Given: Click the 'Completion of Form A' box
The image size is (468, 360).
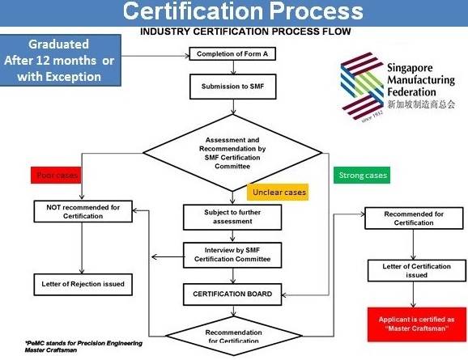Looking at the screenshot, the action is [x=232, y=53].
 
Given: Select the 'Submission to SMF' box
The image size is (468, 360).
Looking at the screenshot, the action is [x=233, y=87].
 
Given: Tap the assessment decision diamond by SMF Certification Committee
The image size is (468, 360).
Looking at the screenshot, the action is [x=232, y=153].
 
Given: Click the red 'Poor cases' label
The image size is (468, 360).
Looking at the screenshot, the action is [x=56, y=175].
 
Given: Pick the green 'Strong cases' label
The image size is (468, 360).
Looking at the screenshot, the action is [x=362, y=175].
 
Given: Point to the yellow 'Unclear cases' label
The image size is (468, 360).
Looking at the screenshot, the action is [x=278, y=192].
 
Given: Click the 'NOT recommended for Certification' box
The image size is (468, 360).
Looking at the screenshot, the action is [x=83, y=211].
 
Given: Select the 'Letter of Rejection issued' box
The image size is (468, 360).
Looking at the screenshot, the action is [x=83, y=285].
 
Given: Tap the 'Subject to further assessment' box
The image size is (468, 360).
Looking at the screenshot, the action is [x=232, y=217].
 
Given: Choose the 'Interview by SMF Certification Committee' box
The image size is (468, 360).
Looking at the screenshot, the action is [x=232, y=255].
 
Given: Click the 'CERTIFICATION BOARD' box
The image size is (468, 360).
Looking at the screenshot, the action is [x=232, y=294].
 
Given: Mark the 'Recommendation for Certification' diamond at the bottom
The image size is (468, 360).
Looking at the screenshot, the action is [x=234, y=337].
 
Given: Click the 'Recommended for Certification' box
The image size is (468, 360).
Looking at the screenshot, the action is [x=414, y=218].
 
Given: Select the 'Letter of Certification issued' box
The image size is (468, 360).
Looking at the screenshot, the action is [x=417, y=270].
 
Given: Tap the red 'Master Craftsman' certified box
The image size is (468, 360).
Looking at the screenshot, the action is [x=417, y=324].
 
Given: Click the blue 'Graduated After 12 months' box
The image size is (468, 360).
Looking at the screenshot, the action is [x=60, y=60].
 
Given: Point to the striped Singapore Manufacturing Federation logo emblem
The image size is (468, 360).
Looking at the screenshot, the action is [x=362, y=87].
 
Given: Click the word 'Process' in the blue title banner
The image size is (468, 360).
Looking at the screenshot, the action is [x=317, y=11].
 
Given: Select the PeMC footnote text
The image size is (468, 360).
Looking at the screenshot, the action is [x=83, y=346].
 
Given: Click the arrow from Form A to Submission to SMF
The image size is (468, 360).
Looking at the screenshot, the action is [x=233, y=67].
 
